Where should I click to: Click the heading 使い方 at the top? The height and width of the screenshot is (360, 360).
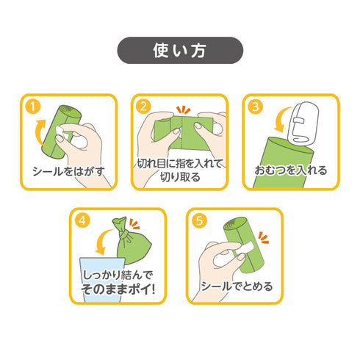pyautogui.click(x=180, y=51)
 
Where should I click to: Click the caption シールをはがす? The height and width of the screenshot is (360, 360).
pyautogui.click(x=69, y=171)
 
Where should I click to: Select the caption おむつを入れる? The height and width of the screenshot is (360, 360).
pyautogui.click(x=291, y=171)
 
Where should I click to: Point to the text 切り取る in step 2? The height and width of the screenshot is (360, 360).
pyautogui.click(x=180, y=176)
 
